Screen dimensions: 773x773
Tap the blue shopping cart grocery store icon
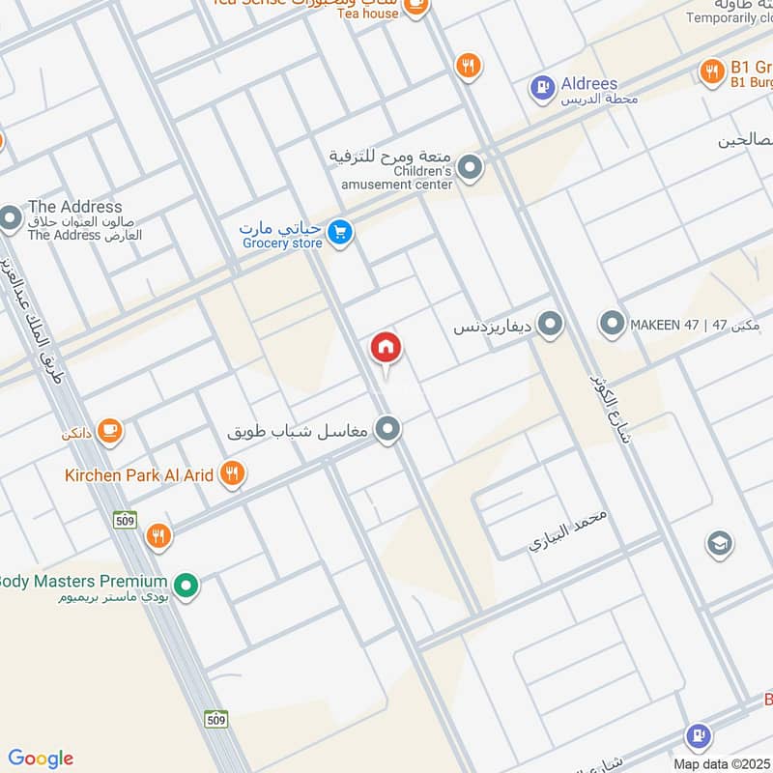click(x=338, y=232)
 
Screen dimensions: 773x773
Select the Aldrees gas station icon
click(x=543, y=89)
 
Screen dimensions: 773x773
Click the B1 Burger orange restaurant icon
click(x=712, y=71)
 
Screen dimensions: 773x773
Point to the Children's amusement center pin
click(x=471, y=167)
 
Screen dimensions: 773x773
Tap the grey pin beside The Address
click(x=11, y=218)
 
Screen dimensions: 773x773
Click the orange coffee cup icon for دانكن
click(x=109, y=430)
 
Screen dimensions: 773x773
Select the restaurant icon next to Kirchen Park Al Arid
click(x=231, y=473)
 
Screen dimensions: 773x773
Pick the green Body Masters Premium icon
click(x=187, y=584)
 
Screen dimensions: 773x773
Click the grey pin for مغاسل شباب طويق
click(x=388, y=429)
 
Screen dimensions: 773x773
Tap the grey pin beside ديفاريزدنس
click(x=551, y=325)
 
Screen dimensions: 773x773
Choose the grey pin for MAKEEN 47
click(x=611, y=324)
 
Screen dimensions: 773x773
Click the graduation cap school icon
click(x=719, y=544)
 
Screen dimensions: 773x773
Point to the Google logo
click(x=40, y=759)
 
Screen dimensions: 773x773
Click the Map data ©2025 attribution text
click(x=720, y=763)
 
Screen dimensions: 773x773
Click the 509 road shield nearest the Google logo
click(x=216, y=719)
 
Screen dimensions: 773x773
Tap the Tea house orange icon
click(x=415, y=9)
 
